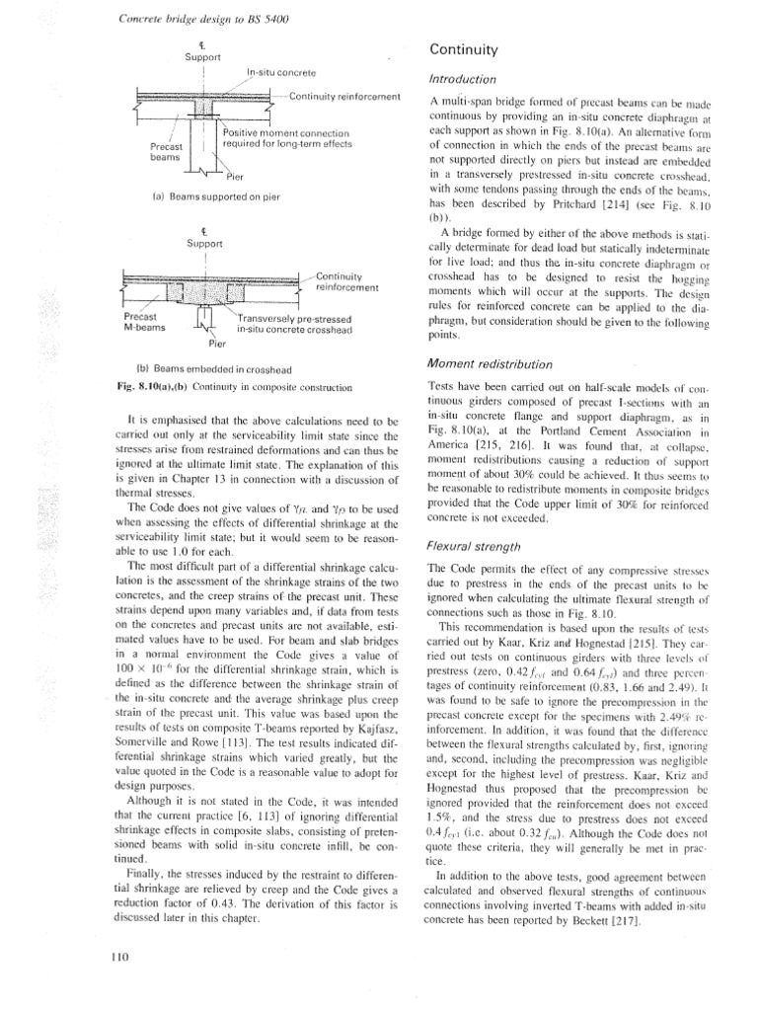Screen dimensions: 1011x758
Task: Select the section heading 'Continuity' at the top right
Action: click(x=468, y=49)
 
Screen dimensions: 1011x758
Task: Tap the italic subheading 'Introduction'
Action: click(x=468, y=80)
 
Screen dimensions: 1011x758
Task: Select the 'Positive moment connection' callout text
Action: click(x=286, y=132)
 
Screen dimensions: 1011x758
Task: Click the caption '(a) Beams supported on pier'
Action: click(x=210, y=195)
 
